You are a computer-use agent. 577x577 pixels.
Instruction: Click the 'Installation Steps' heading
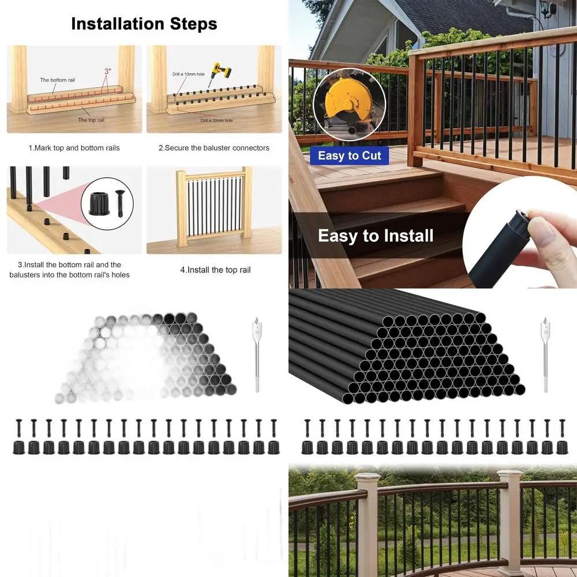pyautogui.click(x=144, y=24)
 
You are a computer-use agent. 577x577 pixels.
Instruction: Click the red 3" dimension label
pyautogui.click(x=107, y=71)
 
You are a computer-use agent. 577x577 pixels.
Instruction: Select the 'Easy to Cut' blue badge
pyautogui.click(x=349, y=156)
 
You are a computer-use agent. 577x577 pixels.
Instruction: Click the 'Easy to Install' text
pyautogui.click(x=376, y=236)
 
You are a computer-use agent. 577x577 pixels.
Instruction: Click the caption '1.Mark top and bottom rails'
pyautogui.click(x=74, y=148)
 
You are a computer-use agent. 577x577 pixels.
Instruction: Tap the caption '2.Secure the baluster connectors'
pyautogui.click(x=213, y=148)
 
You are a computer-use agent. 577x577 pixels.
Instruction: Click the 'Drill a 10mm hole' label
pyautogui.click(x=189, y=74)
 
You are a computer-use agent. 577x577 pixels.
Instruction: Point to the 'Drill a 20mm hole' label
pyautogui.click(x=216, y=121)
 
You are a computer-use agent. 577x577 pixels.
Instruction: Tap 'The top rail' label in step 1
pyautogui.click(x=91, y=120)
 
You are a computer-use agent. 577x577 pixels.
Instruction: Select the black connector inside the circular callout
pyautogui.click(x=99, y=203)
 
